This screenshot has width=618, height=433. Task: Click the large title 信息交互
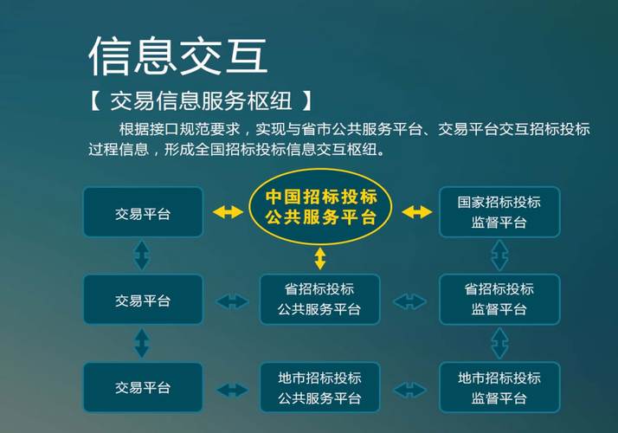(x=178, y=55)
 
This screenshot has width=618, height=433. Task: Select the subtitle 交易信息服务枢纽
(x=201, y=101)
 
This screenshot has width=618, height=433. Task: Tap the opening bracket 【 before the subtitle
(x=94, y=101)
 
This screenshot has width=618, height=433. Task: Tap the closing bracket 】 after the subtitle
(x=307, y=101)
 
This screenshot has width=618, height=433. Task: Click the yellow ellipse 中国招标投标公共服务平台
(x=320, y=207)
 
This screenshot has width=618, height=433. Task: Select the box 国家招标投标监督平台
(x=499, y=212)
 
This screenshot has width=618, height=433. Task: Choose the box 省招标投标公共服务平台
(x=319, y=300)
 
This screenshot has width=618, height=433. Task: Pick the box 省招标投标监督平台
(x=499, y=300)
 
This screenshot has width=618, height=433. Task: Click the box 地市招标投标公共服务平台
(x=319, y=388)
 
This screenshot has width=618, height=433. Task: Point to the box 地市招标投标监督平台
(x=499, y=388)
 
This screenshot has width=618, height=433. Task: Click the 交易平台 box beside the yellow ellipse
(x=143, y=212)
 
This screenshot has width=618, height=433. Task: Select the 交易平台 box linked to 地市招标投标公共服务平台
(x=143, y=388)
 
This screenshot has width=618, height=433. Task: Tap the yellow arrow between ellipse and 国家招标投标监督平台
(x=416, y=212)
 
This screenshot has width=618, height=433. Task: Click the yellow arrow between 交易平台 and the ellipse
(x=228, y=212)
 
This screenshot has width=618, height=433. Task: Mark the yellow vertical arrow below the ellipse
(x=320, y=259)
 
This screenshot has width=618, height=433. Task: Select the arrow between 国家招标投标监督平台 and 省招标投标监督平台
(x=499, y=255)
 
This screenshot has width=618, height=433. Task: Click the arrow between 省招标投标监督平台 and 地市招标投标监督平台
(x=499, y=344)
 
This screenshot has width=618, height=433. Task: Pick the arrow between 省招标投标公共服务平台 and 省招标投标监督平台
(x=410, y=302)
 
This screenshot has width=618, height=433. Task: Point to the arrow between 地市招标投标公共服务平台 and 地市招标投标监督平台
(x=410, y=391)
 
